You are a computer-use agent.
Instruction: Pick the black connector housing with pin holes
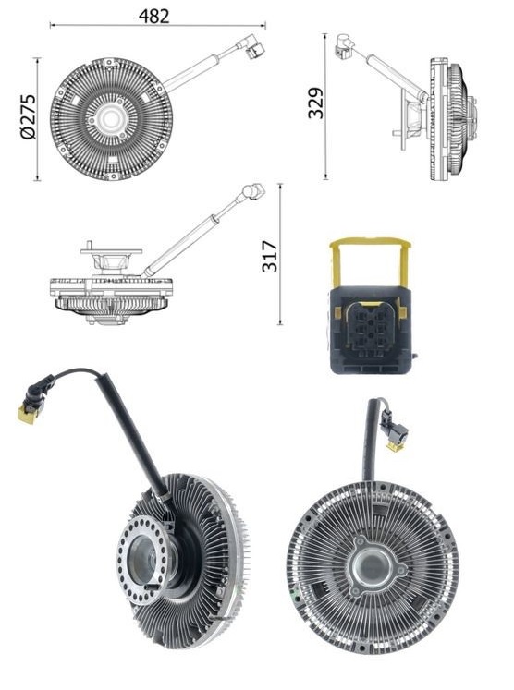[x=370, y=328]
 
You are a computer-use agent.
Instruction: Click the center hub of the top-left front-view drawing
[x=111, y=118]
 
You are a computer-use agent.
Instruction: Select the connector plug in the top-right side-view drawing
[x=344, y=45]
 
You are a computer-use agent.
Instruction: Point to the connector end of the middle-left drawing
[x=251, y=192]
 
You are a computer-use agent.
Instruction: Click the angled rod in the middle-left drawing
[x=190, y=236]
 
